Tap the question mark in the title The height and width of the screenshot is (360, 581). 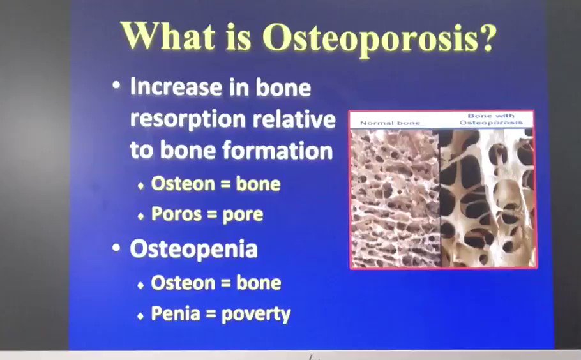pos(488,36)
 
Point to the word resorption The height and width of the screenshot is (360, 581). pos(188,120)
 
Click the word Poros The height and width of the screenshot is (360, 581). pos(176,214)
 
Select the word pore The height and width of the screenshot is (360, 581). pos(243,216)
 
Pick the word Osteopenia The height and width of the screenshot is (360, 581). pos(193,249)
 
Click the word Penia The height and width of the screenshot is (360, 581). pos(176,313)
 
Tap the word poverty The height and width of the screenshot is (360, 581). pos(256,315)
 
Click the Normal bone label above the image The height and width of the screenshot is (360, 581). pos(390,123)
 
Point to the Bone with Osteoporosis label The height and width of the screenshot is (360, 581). pos(491,119)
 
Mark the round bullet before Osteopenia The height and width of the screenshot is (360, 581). pos(116,248)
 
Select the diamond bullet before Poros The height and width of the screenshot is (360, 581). pos(140,216)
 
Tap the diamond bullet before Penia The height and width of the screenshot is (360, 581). pos(140,316)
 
